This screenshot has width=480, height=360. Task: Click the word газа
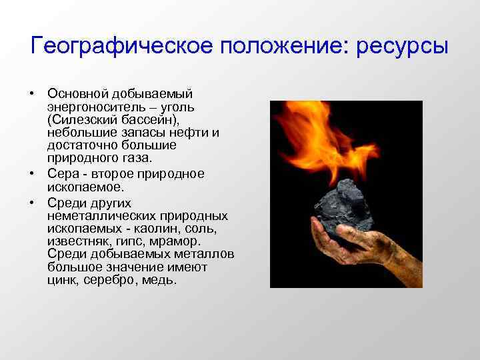pos(137,158)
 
